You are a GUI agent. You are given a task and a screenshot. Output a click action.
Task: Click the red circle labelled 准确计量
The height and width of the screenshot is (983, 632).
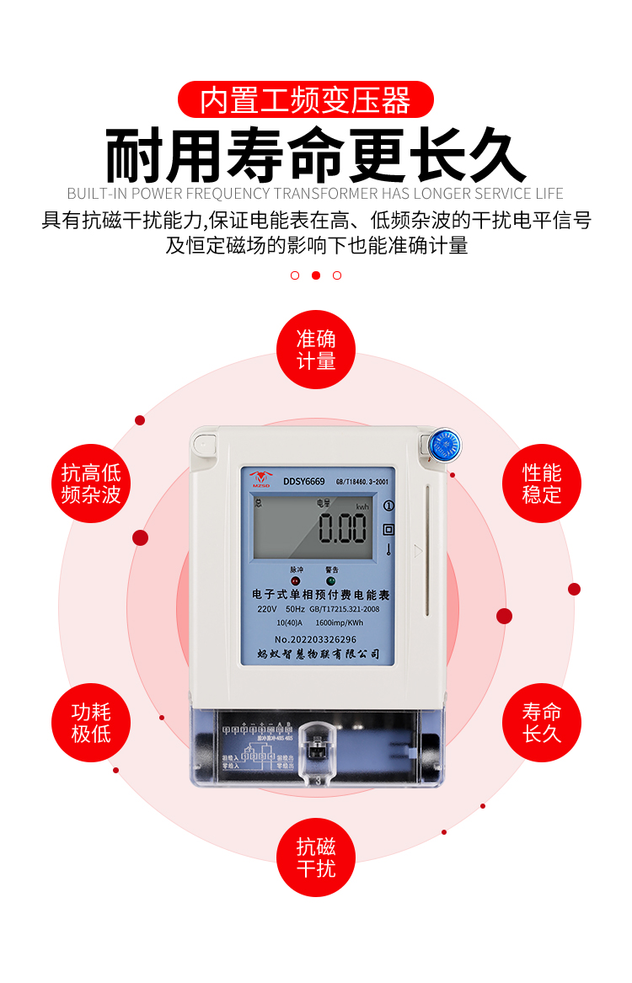pos(316,350)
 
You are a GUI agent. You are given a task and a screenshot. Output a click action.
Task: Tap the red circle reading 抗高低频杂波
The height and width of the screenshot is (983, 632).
pos(91,483)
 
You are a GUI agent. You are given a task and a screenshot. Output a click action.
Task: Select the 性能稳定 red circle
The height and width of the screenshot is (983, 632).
pos(542,483)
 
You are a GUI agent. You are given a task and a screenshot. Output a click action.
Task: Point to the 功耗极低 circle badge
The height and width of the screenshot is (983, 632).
pos(91,723)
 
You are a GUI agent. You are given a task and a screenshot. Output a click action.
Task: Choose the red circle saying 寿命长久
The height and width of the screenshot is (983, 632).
pos(542,723)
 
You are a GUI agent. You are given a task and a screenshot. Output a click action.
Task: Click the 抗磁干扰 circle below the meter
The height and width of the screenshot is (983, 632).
pos(316,857)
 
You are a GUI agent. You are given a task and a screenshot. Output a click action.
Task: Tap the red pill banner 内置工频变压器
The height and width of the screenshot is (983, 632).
pos(306,100)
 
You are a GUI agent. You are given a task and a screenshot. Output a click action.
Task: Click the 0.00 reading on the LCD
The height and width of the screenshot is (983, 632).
pos(341,529)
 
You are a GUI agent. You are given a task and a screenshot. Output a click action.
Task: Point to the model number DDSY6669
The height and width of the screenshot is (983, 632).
pos(304,482)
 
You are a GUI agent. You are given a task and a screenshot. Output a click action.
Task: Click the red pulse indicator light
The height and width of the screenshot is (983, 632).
pos(296,581)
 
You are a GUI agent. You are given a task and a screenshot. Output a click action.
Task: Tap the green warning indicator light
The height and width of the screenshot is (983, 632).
pos(331,581)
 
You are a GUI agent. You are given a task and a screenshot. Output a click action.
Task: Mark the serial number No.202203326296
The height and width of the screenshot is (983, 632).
pos(315,639)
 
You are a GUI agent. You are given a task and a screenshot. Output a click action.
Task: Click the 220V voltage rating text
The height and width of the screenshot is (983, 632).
pos(267,609)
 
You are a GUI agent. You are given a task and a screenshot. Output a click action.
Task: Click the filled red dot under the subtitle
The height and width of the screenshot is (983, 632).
pos(316,275)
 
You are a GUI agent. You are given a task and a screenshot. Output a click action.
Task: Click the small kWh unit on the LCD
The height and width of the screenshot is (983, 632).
pos(362,506)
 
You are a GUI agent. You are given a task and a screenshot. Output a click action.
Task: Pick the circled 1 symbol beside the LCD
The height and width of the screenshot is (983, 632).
pos(388,506)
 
